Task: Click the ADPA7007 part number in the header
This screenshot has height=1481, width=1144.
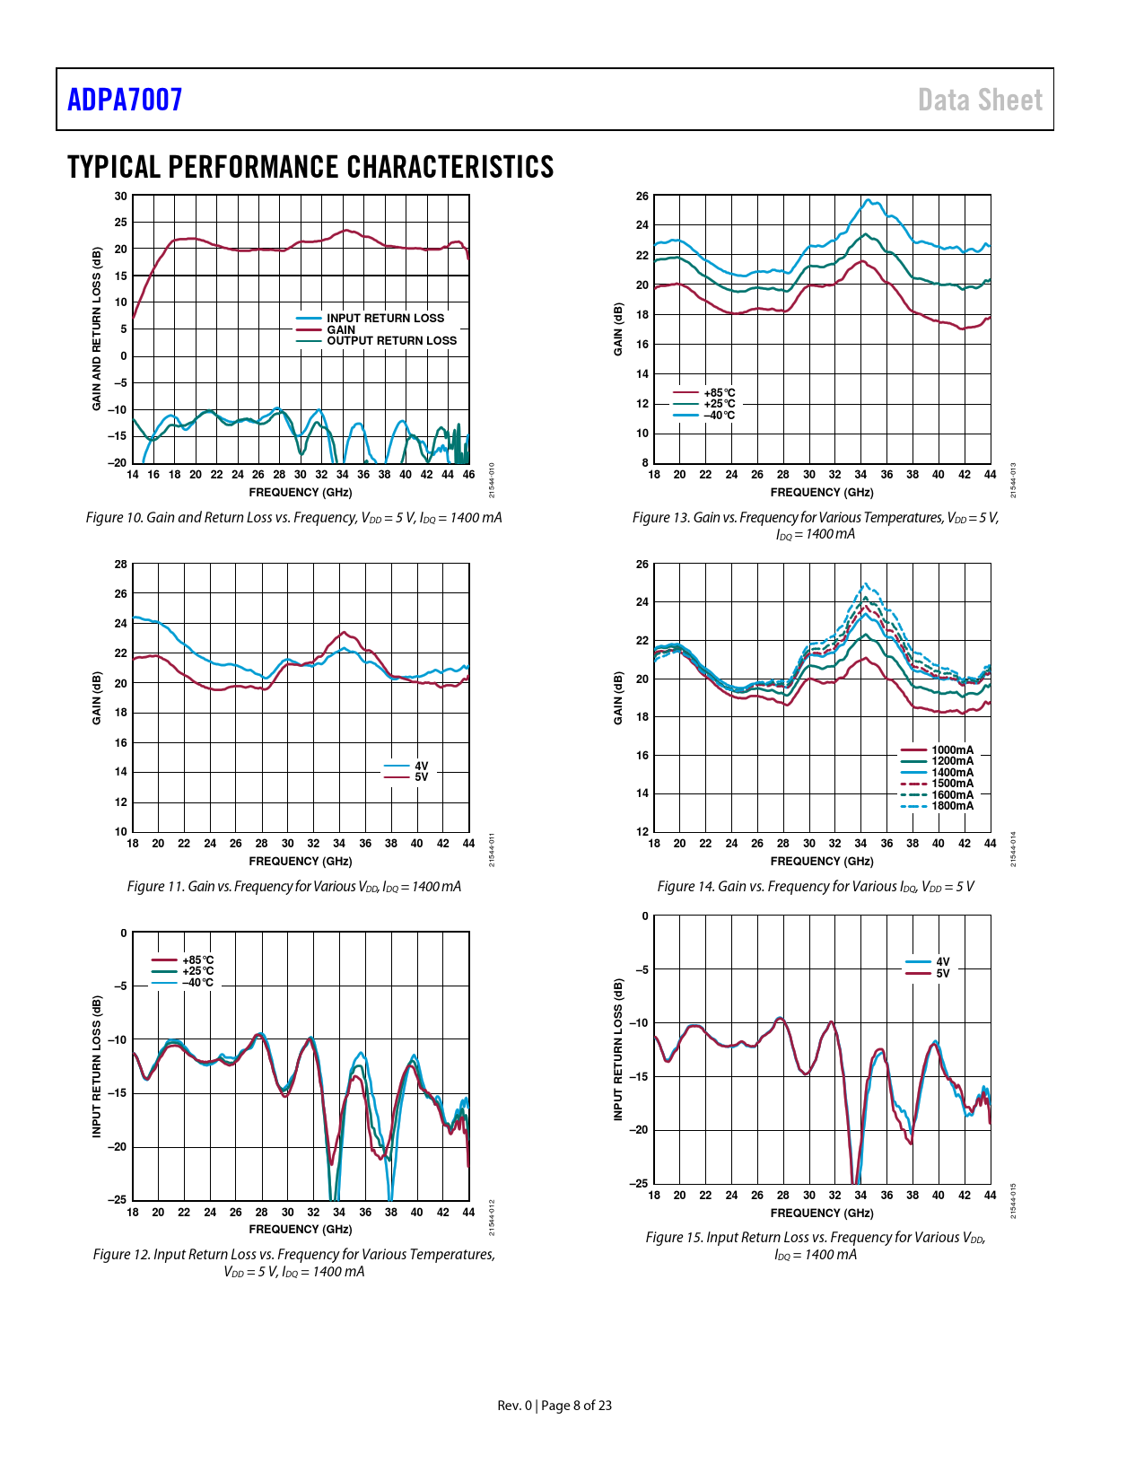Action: click(125, 100)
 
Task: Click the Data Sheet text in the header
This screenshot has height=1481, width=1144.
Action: click(980, 100)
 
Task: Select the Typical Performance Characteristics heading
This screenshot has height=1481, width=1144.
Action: click(310, 167)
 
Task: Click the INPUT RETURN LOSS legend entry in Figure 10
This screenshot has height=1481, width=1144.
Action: click(385, 318)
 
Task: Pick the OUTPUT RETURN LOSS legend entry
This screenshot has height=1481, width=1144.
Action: click(391, 341)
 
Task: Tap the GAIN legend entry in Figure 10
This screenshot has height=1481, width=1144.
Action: click(341, 329)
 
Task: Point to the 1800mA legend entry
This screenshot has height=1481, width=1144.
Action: click(952, 806)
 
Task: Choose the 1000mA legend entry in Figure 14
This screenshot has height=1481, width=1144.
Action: click(952, 750)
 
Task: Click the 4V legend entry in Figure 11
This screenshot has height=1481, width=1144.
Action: click(421, 767)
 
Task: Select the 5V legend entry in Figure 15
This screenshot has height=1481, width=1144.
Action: click(942, 973)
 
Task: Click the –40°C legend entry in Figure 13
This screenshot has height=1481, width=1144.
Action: click(719, 416)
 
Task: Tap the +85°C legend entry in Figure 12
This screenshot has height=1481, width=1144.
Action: click(197, 960)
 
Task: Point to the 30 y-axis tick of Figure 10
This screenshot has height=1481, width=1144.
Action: click(120, 196)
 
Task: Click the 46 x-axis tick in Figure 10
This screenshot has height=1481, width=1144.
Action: click(468, 475)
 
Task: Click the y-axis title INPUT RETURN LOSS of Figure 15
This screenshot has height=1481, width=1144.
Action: click(617, 1049)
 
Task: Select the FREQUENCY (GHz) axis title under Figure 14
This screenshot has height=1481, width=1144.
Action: click(821, 862)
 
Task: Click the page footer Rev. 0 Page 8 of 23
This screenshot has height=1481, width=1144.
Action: click(555, 1406)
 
